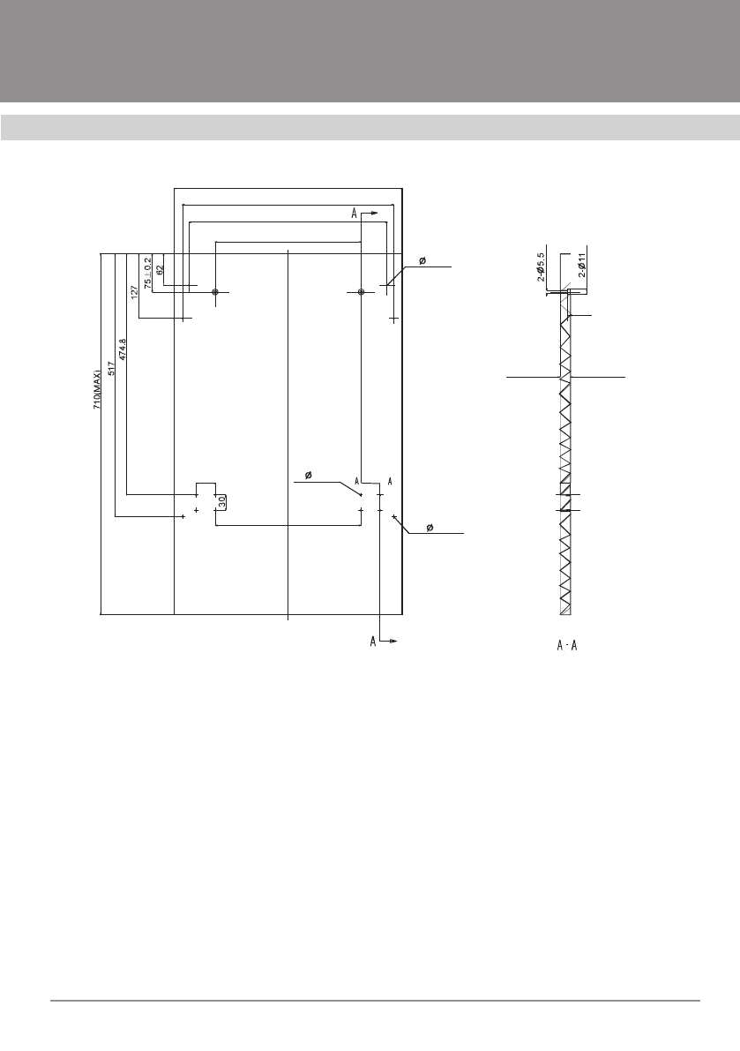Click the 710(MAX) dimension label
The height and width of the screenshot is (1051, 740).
tap(98, 387)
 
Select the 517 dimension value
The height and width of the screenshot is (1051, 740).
tap(111, 368)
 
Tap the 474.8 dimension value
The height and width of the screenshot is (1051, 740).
tap(122, 349)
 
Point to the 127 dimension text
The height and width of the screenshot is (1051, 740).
tap(134, 292)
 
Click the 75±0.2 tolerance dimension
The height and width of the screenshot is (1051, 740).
tap(148, 273)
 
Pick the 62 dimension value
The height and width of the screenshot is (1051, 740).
tap(160, 269)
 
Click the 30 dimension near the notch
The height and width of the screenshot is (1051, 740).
tap(221, 500)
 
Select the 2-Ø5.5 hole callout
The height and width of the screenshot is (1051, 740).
tap(541, 267)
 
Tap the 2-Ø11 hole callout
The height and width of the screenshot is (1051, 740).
tap(582, 265)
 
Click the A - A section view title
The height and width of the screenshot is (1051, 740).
tap(566, 645)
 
